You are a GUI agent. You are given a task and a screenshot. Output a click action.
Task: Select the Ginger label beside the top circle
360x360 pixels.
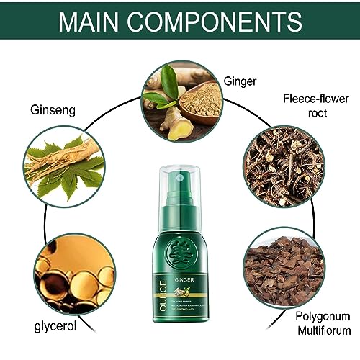pyautogui.click(x=240, y=82)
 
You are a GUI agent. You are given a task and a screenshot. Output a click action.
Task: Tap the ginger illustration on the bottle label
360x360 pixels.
pyautogui.click(x=178, y=292)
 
